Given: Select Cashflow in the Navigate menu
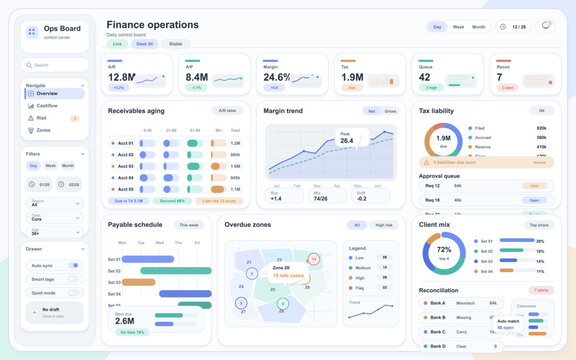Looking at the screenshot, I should tap(48, 104).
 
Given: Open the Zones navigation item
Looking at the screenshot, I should tap(43, 130).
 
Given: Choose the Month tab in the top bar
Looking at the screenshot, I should tap(479, 27).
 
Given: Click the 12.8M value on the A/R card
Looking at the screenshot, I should tap(122, 77).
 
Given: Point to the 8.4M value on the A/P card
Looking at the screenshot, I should tap(196, 77).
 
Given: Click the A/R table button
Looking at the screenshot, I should tap(227, 111).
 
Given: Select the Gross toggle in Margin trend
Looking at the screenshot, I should tap(390, 111).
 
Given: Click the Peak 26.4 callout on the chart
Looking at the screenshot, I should tap(346, 139).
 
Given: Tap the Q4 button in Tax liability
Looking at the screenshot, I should tap(542, 111).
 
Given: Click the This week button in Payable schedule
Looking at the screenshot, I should tap(188, 225).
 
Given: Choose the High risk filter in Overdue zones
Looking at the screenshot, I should tap(383, 225).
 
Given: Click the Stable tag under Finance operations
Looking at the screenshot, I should tap(176, 44).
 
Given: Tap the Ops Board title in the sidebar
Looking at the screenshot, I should tap(62, 28).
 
